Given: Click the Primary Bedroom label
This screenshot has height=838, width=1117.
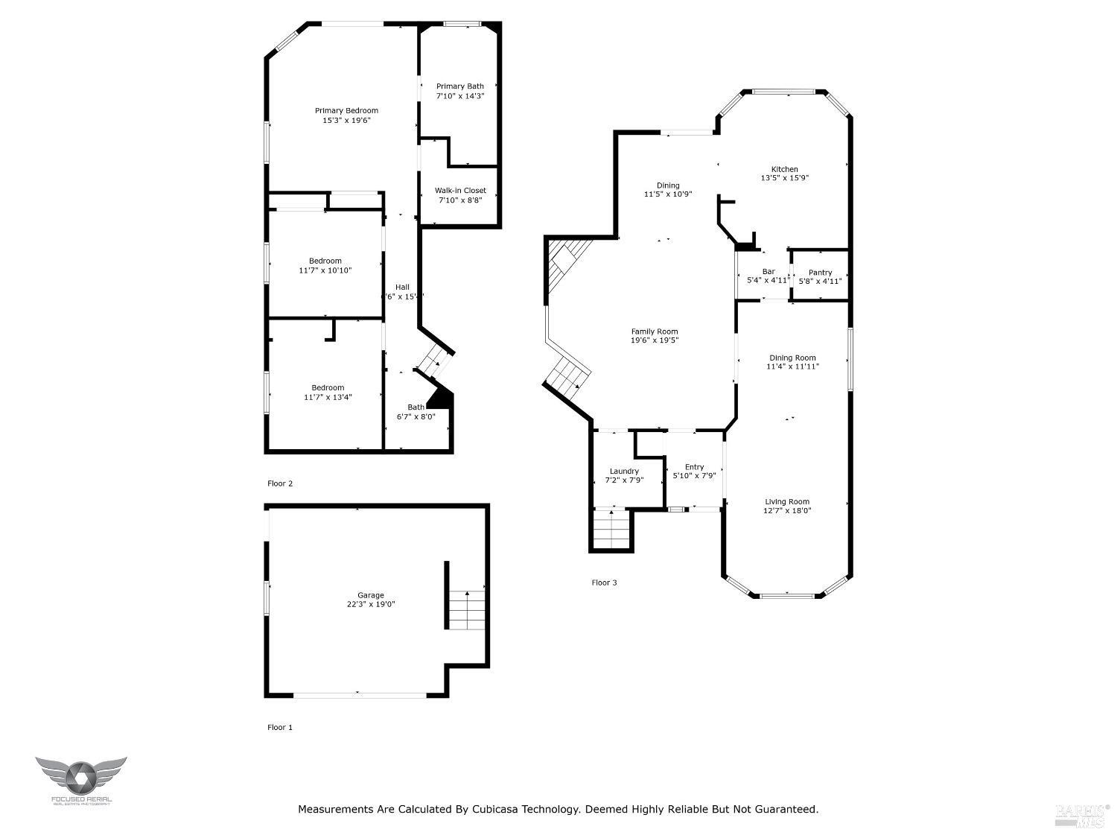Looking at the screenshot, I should tap(346, 111).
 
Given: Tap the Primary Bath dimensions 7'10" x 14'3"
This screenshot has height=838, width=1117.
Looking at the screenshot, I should tap(460, 96).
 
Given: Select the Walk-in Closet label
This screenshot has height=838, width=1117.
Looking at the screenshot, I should tap(460, 191).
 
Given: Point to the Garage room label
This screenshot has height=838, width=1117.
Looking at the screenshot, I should tap(370, 595).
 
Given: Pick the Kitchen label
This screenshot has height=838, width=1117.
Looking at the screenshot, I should tap(784, 169).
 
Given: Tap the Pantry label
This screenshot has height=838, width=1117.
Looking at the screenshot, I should tap(820, 273).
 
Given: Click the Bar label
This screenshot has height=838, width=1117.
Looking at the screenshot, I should tap(768, 272).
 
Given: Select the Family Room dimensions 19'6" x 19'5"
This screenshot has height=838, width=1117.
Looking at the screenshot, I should tap(655, 340).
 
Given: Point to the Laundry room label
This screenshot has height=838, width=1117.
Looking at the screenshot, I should tap(624, 471).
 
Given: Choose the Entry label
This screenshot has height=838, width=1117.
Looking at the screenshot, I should tap(694, 467).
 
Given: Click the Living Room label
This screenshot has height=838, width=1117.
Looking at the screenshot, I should tap(787, 501).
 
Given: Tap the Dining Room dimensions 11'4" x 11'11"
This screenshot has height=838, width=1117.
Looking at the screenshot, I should tap(792, 366).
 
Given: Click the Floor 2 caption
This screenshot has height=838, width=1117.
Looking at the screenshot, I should tap(280, 483).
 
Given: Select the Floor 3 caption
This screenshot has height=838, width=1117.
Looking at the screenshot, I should tap(604, 583).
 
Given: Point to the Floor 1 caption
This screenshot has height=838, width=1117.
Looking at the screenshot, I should tap(280, 727).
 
